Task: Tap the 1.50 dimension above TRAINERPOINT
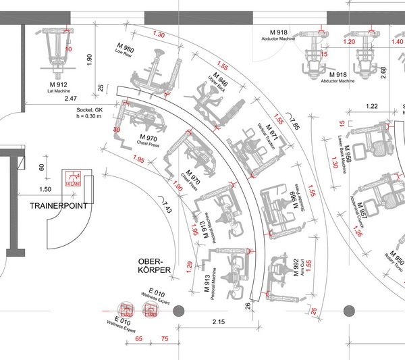pyautogui.click(x=45, y=190)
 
